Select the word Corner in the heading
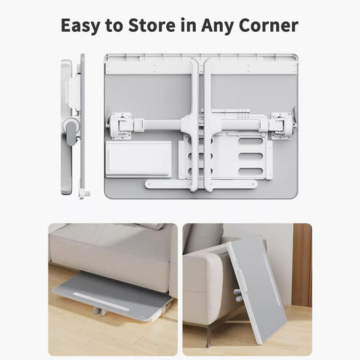(x=268, y=25)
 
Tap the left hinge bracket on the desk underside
(x=120, y=126)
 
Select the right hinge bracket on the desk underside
(x=282, y=126)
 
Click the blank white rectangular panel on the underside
(x=138, y=159)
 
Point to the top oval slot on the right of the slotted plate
(x=251, y=140)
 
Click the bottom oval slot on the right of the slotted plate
(x=251, y=171)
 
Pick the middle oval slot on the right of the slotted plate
(x=251, y=156)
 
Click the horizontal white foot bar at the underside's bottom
(x=201, y=184)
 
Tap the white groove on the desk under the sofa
(x=101, y=301)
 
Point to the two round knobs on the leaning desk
(x=238, y=295)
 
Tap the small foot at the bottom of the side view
(x=84, y=194)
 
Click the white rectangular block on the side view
(x=74, y=93)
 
